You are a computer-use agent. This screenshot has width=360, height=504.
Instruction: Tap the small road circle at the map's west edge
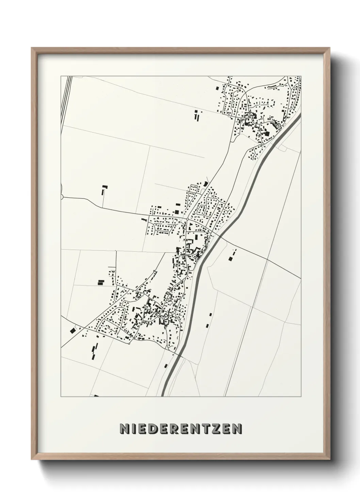62,196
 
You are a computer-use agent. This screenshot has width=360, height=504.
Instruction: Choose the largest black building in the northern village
267,133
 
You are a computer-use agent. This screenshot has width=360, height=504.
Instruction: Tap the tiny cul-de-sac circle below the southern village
129,344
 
